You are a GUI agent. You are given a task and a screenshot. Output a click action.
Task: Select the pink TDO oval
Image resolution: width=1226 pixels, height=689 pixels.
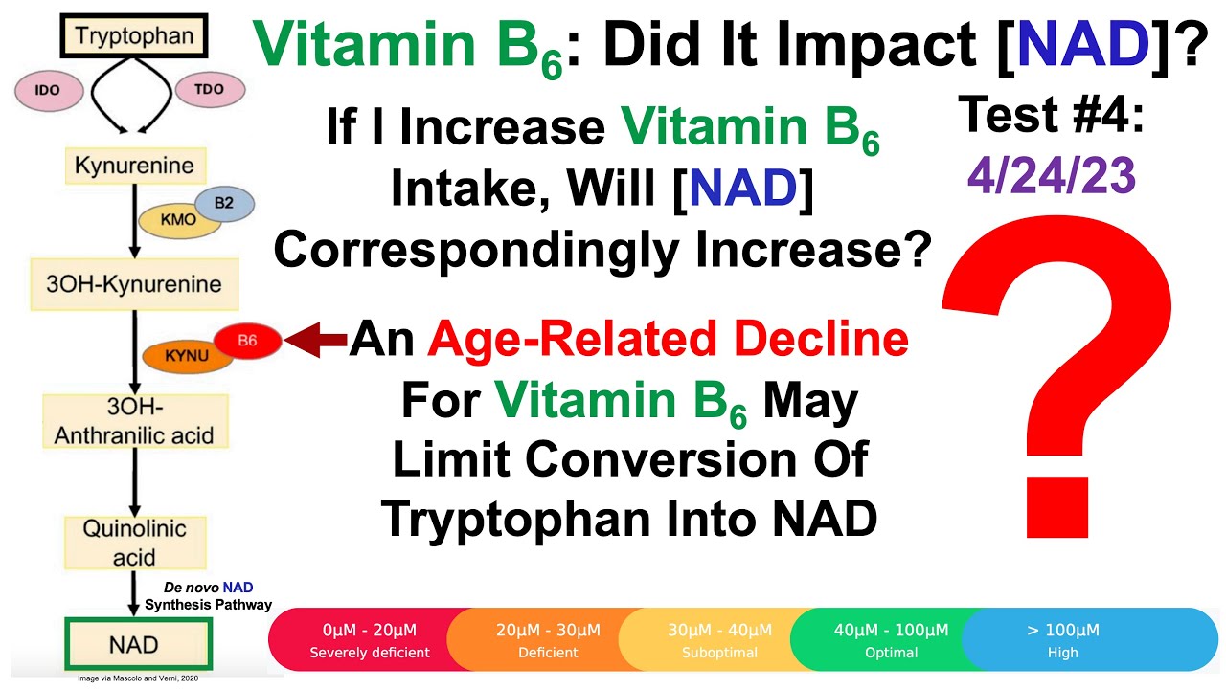tap(209, 89)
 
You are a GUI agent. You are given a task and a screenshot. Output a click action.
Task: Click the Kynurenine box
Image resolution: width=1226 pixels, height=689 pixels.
tap(134, 167)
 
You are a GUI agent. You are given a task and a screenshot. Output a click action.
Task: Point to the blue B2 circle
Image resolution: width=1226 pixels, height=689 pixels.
tap(222, 203)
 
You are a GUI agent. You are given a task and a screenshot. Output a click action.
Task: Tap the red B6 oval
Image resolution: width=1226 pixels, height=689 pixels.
tap(247, 340)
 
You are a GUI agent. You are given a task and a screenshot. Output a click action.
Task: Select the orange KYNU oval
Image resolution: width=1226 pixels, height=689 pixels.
tap(187, 356)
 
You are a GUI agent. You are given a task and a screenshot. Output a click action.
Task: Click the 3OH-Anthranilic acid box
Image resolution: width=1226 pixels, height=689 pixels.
tap(133, 421)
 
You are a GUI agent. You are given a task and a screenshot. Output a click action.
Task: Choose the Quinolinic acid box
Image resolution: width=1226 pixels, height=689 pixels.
tap(133, 543)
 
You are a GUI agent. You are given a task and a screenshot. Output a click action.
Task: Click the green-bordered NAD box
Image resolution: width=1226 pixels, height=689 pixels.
tap(133, 644)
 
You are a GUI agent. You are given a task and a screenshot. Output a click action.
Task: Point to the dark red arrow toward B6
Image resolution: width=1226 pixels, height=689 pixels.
tap(316, 340)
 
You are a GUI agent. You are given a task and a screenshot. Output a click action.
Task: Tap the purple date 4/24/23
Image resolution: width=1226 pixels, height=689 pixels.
tap(1050, 177)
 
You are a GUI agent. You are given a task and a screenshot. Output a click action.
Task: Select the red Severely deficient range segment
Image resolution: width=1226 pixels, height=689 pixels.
tap(364, 640)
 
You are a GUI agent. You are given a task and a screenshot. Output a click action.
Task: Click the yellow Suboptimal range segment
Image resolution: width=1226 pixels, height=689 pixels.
tap(718, 640)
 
